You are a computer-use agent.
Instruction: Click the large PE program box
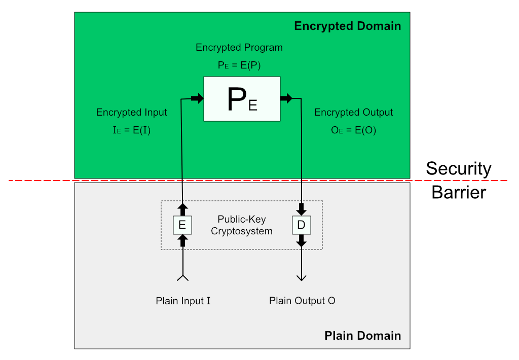coord(242,99)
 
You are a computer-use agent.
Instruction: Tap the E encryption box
coord(182,225)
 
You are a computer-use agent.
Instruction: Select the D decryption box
coord(301,225)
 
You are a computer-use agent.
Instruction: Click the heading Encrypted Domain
coord(347,26)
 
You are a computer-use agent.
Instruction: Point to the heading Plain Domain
coord(362,336)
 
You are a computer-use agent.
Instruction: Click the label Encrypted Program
coord(239,48)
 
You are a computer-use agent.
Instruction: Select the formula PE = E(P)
coord(239,65)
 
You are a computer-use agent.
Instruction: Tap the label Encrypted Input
coord(132,113)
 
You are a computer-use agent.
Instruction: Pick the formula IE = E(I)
coord(132,130)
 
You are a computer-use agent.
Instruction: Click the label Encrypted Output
coord(353,113)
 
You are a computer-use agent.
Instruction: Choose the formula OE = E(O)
coord(353,130)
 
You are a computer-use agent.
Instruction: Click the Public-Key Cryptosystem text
coord(242,225)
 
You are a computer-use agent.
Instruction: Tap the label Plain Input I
coord(183,301)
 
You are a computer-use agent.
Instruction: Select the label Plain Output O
coord(302,301)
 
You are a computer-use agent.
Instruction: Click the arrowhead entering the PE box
coord(197,99)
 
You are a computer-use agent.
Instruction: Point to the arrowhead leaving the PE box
coord(286,99)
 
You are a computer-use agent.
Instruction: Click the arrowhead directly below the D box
coord(301,242)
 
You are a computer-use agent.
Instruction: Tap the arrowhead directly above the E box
coord(182,208)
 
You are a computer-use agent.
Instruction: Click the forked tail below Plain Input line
coord(182,277)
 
